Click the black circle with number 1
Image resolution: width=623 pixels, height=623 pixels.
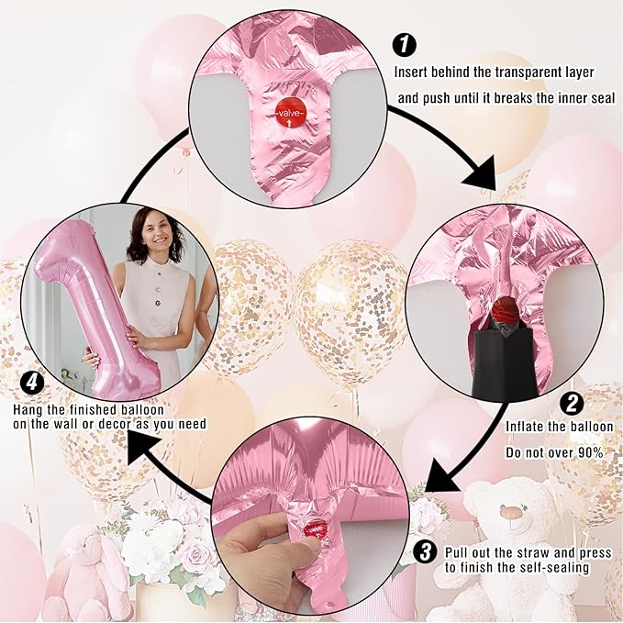coord(405,44)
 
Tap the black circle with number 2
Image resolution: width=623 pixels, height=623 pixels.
coord(572,404)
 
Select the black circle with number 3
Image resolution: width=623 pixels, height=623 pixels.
coord(425,551)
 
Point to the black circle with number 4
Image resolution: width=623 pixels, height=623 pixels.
coord(32,383)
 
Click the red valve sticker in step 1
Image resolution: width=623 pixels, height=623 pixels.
coord(291,113)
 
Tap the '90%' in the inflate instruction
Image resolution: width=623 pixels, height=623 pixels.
coord(590,452)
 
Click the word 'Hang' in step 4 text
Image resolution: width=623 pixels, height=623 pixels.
coord(28,410)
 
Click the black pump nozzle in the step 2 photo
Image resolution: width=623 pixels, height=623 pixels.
coord(505,362)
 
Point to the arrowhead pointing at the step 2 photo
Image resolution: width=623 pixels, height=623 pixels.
coord(482,174)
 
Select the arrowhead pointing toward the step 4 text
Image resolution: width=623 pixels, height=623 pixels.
coord(144,447)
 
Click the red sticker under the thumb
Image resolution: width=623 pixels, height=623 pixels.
coord(316,530)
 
